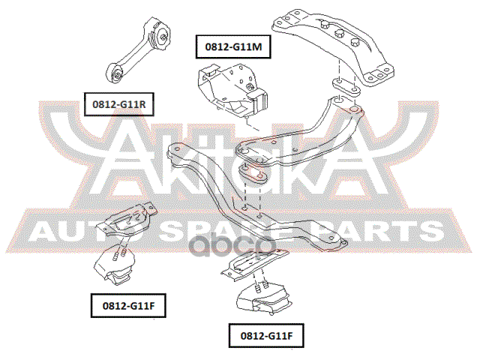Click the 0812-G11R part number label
coord(118,104)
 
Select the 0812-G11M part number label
coord(233,47)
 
